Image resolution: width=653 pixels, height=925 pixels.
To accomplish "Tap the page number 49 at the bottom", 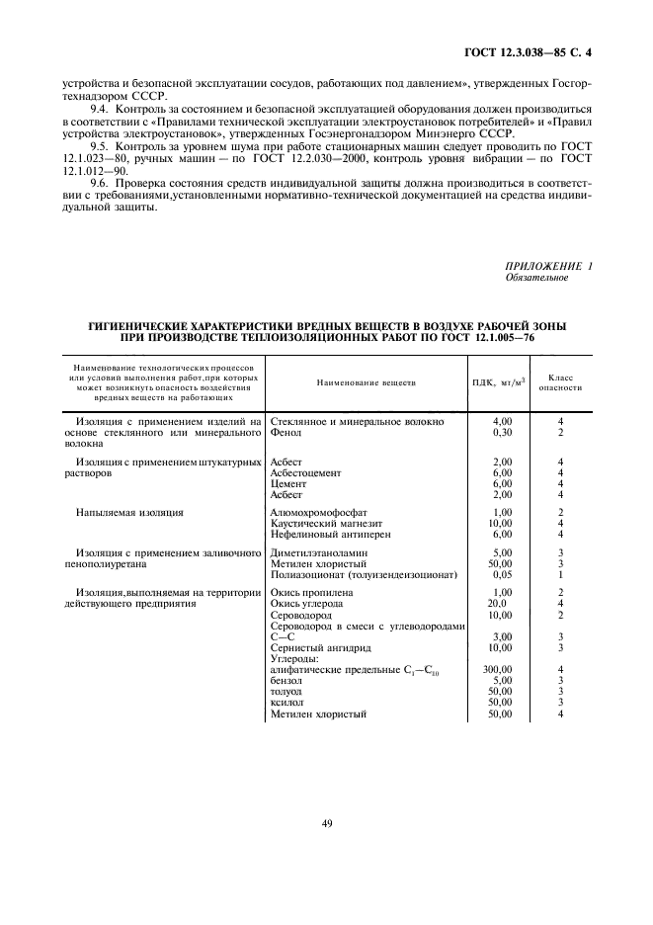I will [x=326, y=822].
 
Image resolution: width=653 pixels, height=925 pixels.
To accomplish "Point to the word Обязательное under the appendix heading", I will [x=536, y=278].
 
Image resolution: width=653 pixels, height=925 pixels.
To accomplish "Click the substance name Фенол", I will [x=286, y=433].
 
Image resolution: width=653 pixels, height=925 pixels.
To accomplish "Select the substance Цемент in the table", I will [x=288, y=484].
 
